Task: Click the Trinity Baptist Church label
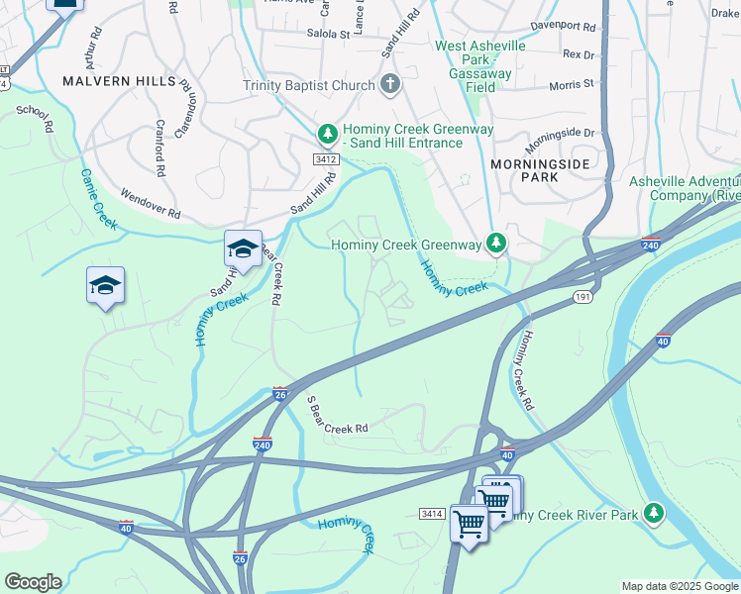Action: (309, 85)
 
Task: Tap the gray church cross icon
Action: (390, 84)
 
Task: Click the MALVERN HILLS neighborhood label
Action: (118, 81)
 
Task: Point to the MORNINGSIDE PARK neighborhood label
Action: (540, 170)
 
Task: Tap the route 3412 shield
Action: (326, 159)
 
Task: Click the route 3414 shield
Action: (431, 513)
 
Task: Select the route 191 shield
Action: (582, 296)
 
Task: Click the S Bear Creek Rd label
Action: (336, 415)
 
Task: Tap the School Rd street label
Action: (35, 119)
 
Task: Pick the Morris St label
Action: (573, 84)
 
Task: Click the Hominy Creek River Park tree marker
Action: (653, 512)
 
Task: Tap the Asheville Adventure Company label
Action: (685, 188)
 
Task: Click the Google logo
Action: (33, 582)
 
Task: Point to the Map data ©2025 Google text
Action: (679, 586)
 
